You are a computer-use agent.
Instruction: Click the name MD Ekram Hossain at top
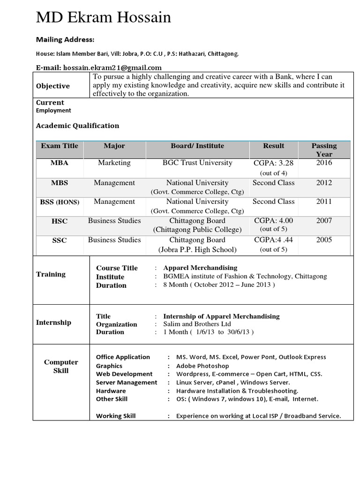pyautogui.click(x=104, y=18)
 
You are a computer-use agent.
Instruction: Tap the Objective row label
pyautogui.click(x=53, y=86)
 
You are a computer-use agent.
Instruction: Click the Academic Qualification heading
pyautogui.click(x=77, y=126)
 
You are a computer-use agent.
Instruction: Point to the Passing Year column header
pyautogui.click(x=324, y=150)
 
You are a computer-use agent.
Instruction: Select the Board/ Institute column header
pyautogui.click(x=197, y=146)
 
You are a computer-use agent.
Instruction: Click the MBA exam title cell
pyautogui.click(x=60, y=163)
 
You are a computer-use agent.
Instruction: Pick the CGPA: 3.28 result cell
pyautogui.click(x=273, y=163)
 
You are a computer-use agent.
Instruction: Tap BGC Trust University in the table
pyautogui.click(x=197, y=163)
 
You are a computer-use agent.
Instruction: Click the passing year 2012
pyautogui.click(x=324, y=183)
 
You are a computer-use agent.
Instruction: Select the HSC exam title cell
pyautogui.click(x=60, y=221)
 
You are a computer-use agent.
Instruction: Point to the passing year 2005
pyautogui.click(x=324, y=240)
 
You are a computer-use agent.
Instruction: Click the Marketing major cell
pyautogui.click(x=114, y=163)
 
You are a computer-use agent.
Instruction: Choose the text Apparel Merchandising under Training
pyautogui.click(x=200, y=268)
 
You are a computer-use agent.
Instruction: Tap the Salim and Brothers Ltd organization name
pyautogui.click(x=197, y=324)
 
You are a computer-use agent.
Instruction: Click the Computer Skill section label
pyautogui.click(x=61, y=366)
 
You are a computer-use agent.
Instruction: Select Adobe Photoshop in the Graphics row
pyautogui.click(x=202, y=366)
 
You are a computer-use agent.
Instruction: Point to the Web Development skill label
pyautogui.click(x=124, y=374)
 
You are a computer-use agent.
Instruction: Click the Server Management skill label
pyautogui.click(x=127, y=382)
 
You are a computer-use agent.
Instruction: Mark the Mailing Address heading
pyautogui.click(x=65, y=39)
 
